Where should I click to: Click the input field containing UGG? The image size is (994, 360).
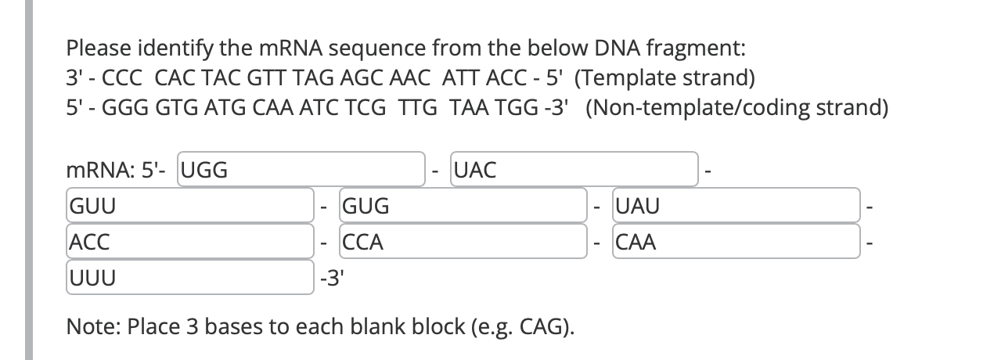[x=301, y=170]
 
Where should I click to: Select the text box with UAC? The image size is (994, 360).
[x=574, y=170]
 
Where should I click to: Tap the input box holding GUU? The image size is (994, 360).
[x=190, y=207]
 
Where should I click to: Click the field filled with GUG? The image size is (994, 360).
[x=463, y=207]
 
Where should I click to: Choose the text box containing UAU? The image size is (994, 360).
[x=736, y=207]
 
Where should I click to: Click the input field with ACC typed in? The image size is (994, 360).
[x=190, y=243]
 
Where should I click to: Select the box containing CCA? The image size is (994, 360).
[x=463, y=243]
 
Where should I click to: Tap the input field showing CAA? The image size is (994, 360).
[x=736, y=243]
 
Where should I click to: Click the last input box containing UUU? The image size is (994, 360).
[x=190, y=279]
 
